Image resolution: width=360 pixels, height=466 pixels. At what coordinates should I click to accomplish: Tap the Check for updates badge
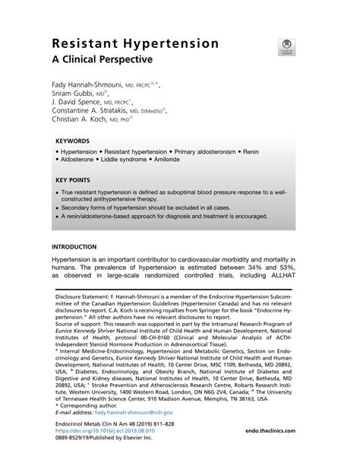click(x=288, y=48)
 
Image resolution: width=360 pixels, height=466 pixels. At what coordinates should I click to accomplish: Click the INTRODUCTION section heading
click(x=74, y=247)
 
